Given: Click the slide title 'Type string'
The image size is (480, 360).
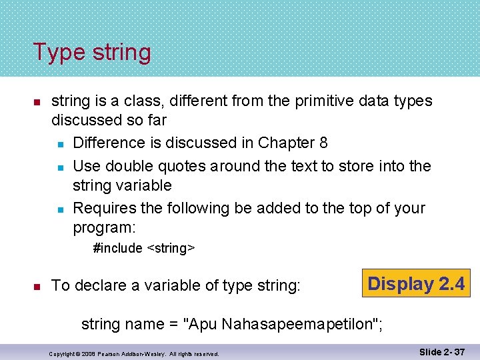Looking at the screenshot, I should point(92,52).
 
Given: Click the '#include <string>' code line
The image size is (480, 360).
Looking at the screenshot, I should point(144,248).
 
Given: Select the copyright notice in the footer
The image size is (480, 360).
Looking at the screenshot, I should point(134,353).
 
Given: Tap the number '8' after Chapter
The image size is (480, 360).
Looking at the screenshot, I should point(323,143).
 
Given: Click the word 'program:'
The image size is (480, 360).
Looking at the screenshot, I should point(104,227).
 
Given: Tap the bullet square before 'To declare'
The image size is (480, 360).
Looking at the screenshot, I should point(38,286).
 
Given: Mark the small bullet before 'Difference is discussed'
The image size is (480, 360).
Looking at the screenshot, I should point(59,143).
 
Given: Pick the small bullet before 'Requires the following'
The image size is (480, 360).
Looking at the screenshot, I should point(59,209).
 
